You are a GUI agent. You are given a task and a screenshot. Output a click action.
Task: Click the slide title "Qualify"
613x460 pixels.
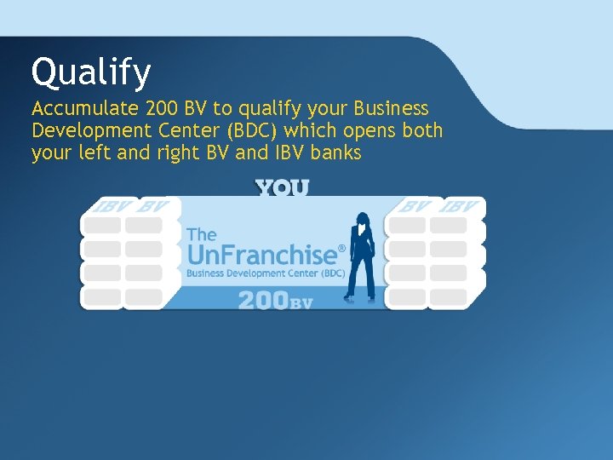coord(90,73)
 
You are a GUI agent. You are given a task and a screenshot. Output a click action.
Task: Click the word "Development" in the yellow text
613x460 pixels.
coord(89,132)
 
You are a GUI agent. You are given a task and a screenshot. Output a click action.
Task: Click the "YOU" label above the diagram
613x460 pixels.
coord(283,187)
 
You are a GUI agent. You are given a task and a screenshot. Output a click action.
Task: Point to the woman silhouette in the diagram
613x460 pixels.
coord(362,256)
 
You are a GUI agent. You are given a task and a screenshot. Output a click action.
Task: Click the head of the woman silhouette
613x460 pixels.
coord(362,219)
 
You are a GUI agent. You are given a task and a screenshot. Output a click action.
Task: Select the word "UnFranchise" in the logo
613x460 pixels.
coord(262,255)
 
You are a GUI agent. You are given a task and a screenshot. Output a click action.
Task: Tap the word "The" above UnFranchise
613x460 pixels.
coord(201,234)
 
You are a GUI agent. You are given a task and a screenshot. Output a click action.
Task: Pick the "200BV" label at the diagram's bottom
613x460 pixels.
coord(276,300)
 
